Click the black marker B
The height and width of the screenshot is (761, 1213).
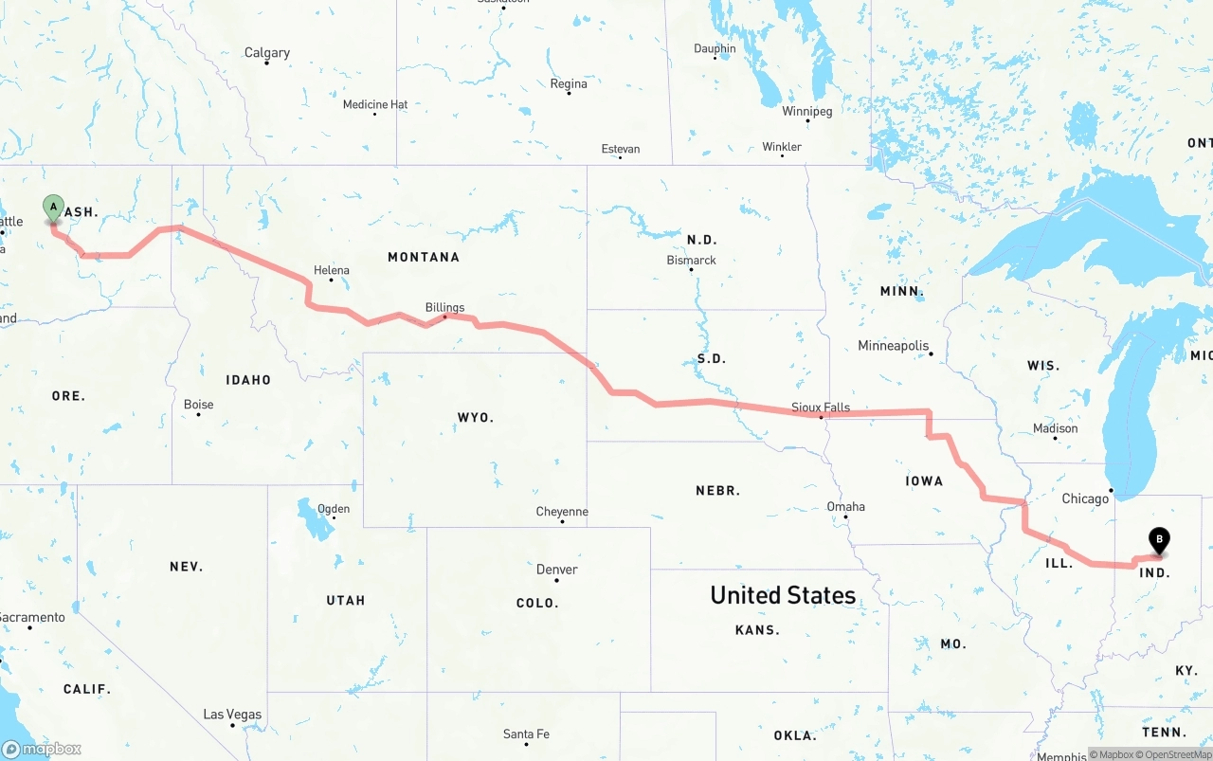coord(1159,539)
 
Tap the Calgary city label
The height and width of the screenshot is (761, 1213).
coord(267,53)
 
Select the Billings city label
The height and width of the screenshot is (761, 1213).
coord(444,307)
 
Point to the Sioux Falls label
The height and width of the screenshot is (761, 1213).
coord(821,408)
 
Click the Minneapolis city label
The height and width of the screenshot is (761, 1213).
coord(894,346)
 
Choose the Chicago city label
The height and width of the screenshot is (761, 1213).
coord(1085,498)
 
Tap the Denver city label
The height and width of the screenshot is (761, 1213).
coord(556,570)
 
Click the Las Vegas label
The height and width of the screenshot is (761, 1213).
coord(232,715)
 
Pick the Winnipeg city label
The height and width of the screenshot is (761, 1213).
coord(806,112)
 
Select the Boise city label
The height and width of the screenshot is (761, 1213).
coord(198,405)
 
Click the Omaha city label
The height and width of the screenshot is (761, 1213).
coord(845,506)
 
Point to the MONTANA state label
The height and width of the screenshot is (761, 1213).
coord(424,257)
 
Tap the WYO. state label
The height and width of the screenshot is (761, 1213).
coord(476,418)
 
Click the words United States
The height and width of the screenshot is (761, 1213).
coord(783,595)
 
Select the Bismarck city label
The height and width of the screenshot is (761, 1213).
coord(691,260)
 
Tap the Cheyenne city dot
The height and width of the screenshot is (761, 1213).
coord(562,521)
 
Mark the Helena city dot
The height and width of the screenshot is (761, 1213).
coord(331,280)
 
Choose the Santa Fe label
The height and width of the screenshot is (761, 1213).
coord(525,734)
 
